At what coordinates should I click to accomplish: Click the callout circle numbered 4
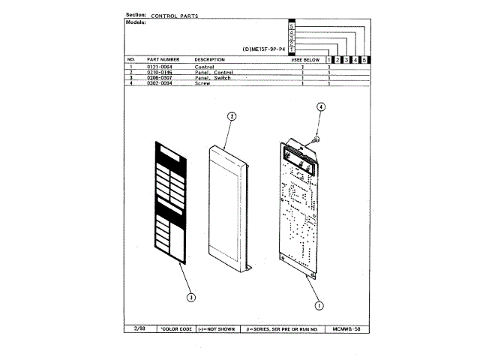[x=320, y=108]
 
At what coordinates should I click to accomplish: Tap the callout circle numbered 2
[x=232, y=116]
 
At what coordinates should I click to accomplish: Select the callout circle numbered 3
[x=191, y=297]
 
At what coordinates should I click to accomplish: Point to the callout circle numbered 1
[x=319, y=305]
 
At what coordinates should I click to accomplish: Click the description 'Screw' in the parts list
[x=202, y=83]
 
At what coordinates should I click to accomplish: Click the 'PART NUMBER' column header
[x=163, y=59]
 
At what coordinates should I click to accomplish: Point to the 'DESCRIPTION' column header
[x=210, y=59]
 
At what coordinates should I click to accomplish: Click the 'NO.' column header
[x=131, y=59]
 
